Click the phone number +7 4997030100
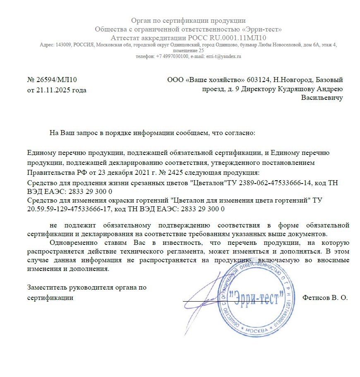pyautogui.click(x=173, y=56)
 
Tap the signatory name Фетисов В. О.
pyautogui.click(x=325, y=297)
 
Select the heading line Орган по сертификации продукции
pyautogui.click(x=188, y=21)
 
